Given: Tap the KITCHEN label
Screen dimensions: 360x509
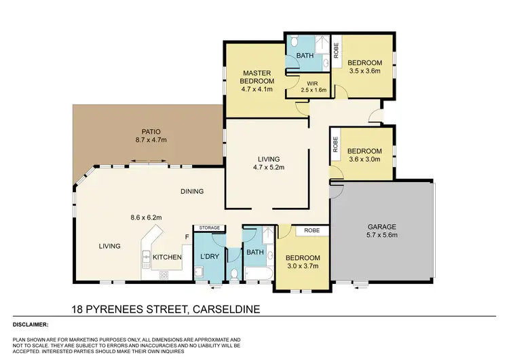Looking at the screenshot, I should tap(166, 257).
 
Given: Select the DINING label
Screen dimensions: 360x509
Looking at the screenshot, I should tap(192, 192).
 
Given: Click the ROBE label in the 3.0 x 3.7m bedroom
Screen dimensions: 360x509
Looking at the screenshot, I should tap(313, 231).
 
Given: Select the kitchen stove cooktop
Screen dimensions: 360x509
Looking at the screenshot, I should tap(164, 275).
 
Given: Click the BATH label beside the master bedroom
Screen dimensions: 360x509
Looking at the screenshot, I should tap(302, 58).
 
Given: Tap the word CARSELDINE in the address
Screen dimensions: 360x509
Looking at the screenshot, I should tap(223, 309).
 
